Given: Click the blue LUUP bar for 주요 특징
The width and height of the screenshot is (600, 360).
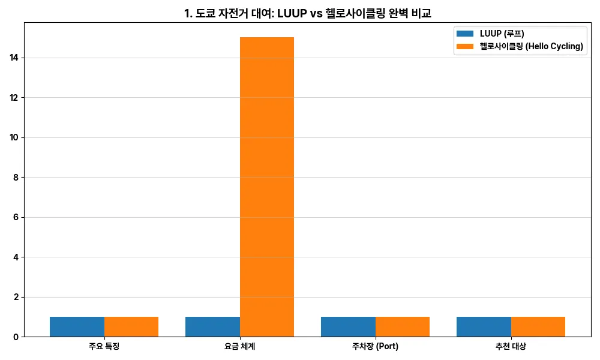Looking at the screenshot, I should click(x=77, y=326).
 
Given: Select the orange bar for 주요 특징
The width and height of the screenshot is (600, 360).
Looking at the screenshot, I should click(x=131, y=326).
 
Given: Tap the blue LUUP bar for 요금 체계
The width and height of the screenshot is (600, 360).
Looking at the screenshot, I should click(x=212, y=326).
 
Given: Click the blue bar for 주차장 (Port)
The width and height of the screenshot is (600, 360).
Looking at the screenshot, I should click(x=348, y=326).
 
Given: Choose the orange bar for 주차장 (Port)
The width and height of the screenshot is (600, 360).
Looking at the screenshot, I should click(x=403, y=326).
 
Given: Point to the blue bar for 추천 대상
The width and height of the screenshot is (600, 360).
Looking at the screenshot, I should click(x=484, y=326).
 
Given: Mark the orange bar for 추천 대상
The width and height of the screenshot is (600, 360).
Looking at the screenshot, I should click(x=538, y=326).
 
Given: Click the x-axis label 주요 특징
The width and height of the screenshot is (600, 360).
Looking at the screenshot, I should click(x=104, y=347).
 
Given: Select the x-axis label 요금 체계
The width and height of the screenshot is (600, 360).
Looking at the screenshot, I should click(x=239, y=347).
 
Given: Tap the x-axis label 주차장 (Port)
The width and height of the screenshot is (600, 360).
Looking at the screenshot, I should click(x=375, y=347).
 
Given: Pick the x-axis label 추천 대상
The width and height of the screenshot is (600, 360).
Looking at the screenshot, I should click(x=511, y=347).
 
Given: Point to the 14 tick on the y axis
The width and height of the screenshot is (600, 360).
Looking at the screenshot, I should click(x=14, y=58).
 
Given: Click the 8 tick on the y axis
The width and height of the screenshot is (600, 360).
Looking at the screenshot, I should click(x=16, y=178).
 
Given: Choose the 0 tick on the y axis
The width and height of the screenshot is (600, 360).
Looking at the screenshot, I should click(x=16, y=337).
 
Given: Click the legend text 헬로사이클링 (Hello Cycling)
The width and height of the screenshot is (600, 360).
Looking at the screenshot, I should click(x=532, y=47).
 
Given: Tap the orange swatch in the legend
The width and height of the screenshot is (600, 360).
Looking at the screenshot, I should click(x=465, y=47).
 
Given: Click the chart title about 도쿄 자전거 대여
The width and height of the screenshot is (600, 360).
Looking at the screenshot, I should click(x=307, y=13).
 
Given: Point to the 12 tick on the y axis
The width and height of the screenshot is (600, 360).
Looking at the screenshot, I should click(x=14, y=98).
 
